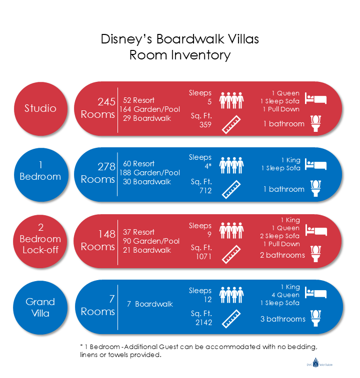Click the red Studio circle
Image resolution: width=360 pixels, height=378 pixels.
[x=40, y=108]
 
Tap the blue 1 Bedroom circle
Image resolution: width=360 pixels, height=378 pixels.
[x=40, y=170]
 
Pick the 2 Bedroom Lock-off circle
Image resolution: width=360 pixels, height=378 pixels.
[x=40, y=239]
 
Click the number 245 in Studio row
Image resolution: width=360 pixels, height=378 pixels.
[x=106, y=102]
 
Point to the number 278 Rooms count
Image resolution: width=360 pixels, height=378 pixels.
[x=106, y=167]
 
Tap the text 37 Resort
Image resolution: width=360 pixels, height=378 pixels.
[x=139, y=232]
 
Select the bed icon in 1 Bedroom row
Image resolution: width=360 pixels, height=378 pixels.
[x=315, y=165]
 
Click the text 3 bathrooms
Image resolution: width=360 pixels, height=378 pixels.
[x=282, y=319]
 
